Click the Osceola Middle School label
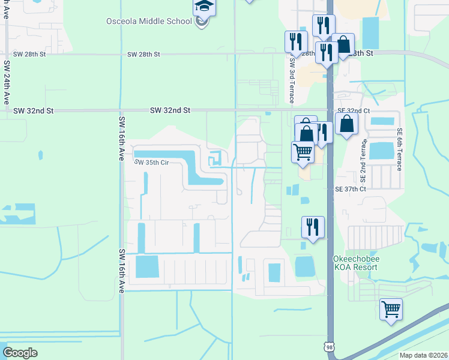point(158,22)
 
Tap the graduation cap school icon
point(203,7)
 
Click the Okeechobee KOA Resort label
point(355,263)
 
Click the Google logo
point(20,352)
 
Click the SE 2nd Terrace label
point(363,161)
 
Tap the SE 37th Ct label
point(351,189)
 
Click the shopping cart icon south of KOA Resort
point(391,310)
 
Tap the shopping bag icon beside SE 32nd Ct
point(347,124)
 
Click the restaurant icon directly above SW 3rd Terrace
point(296,42)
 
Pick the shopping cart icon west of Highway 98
point(303,152)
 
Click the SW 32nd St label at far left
point(34,111)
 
